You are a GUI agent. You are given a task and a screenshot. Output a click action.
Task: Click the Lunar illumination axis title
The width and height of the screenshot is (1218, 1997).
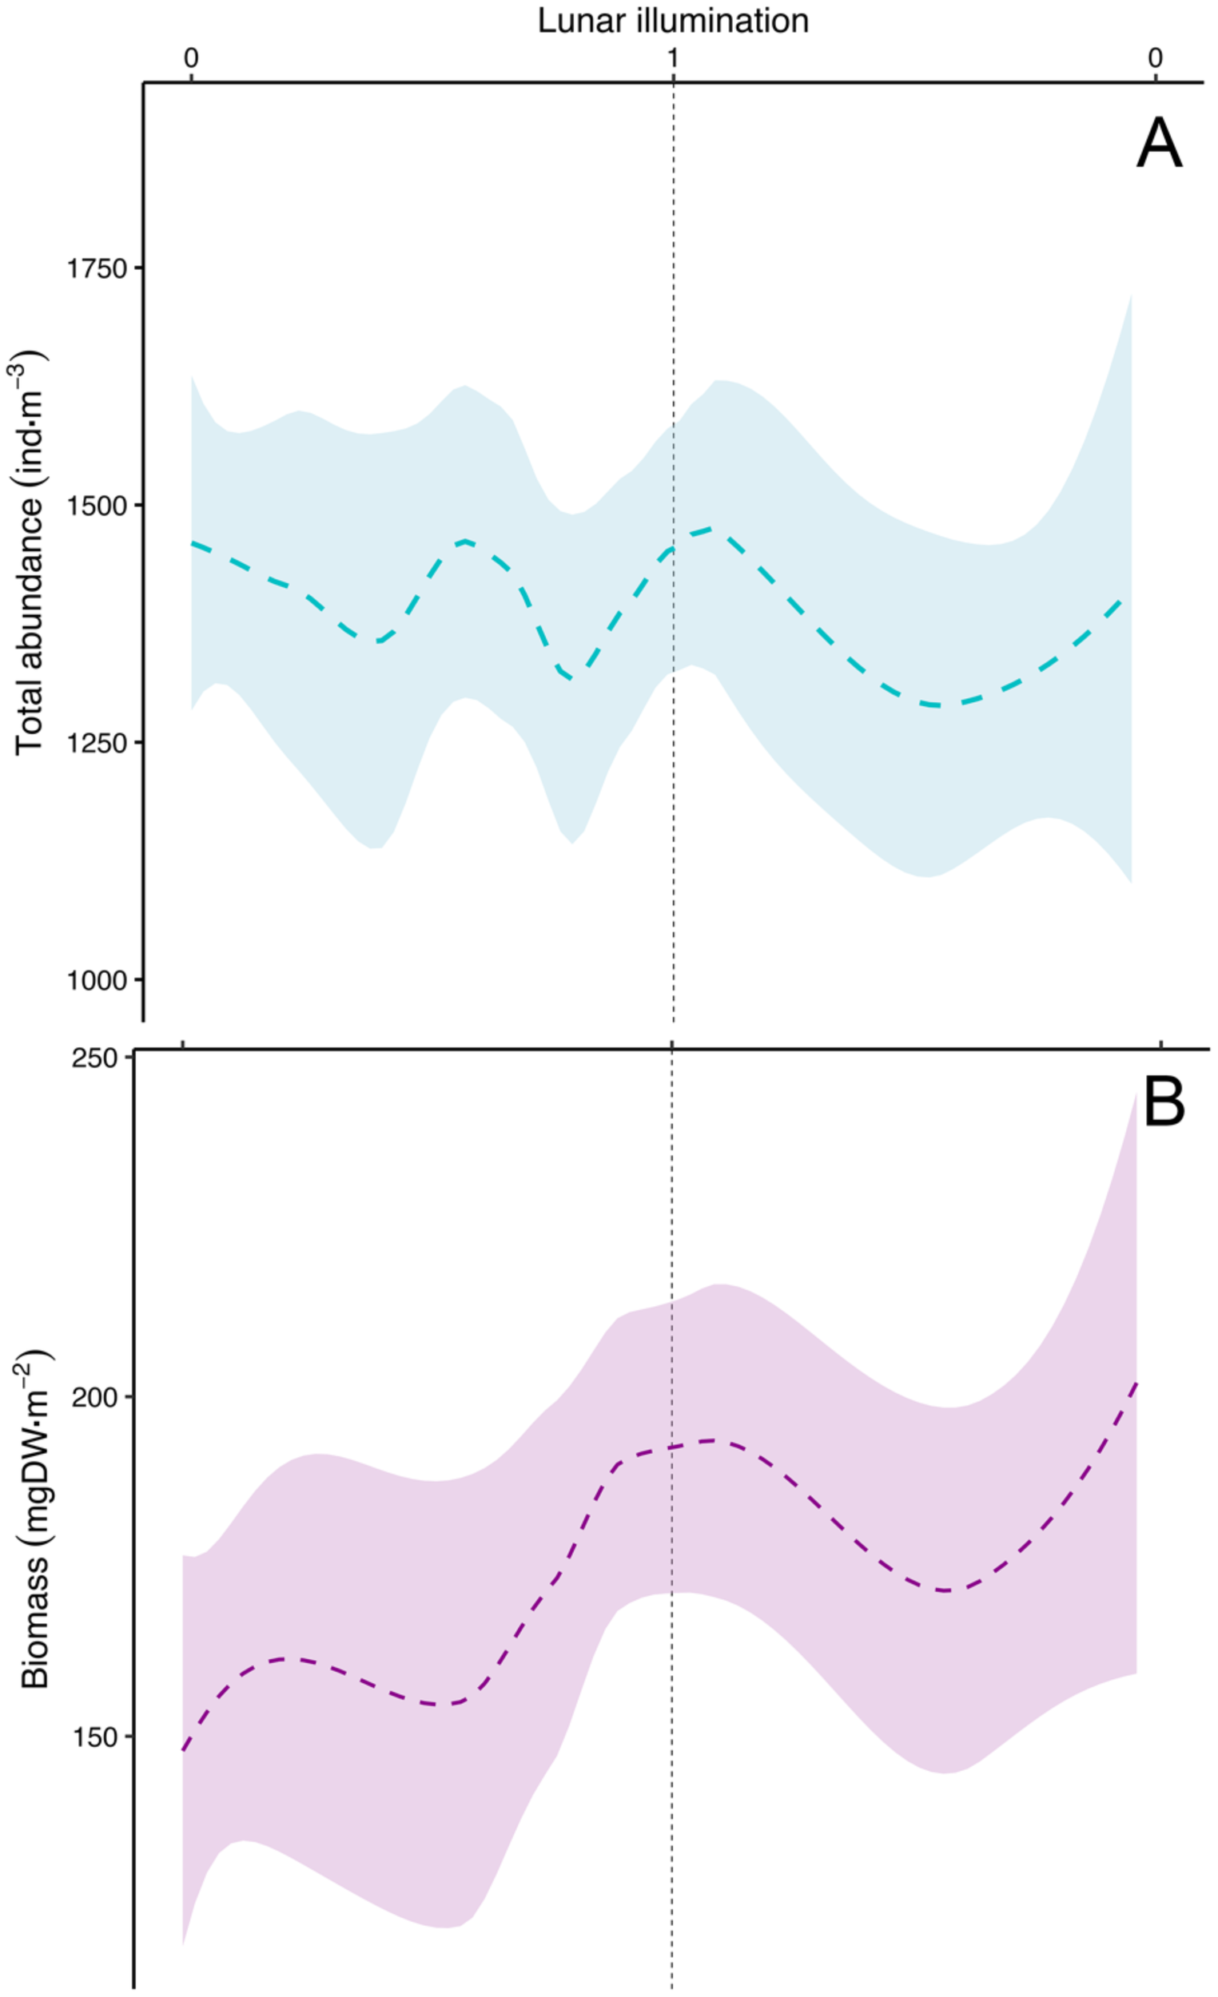[x=673, y=20]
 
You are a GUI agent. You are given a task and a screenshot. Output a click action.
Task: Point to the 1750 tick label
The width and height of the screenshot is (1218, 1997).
[x=98, y=268]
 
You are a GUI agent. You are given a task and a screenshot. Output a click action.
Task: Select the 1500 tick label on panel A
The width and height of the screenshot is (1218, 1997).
[x=98, y=506]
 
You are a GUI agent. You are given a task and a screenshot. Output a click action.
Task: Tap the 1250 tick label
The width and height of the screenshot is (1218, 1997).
[x=98, y=743]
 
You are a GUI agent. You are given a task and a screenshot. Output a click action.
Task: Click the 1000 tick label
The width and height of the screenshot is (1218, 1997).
[x=98, y=981]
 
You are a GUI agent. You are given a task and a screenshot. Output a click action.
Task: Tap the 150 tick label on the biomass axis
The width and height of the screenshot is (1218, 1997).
[x=94, y=1737]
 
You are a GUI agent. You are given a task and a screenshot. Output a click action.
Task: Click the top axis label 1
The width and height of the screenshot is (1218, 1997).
[x=673, y=58]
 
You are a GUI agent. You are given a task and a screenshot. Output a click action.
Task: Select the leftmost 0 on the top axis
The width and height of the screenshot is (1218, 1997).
[x=190, y=58]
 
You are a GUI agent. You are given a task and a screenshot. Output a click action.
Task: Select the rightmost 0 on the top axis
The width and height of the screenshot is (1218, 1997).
[x=1155, y=58]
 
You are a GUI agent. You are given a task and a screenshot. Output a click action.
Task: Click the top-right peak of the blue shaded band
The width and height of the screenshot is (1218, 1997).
[x=1129, y=296]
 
